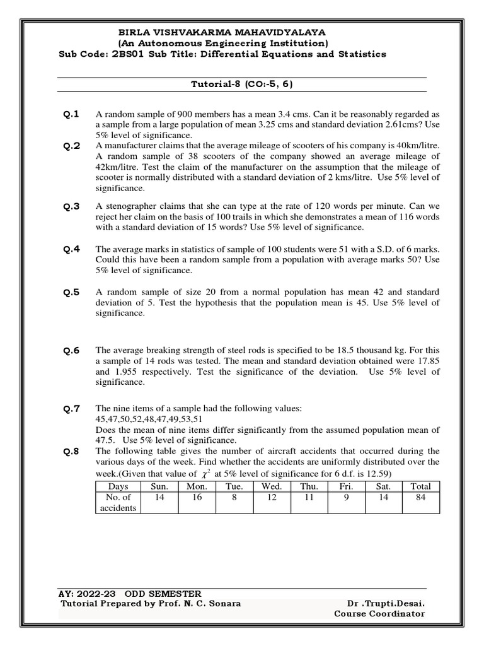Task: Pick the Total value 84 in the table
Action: click(420, 497)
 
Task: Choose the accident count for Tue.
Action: click(233, 497)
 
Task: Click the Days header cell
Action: click(118, 486)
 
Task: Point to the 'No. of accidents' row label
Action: click(118, 503)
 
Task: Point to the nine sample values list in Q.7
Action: click(149, 419)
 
